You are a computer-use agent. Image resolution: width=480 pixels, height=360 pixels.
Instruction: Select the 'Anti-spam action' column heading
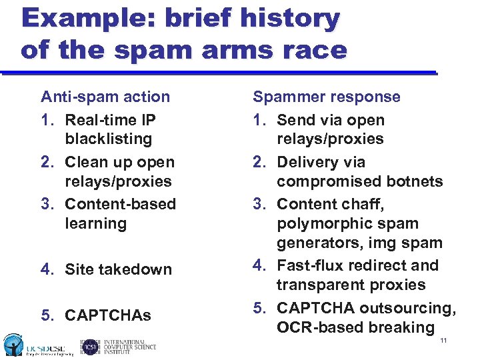click(x=105, y=97)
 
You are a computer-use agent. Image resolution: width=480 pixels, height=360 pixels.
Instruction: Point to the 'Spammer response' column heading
click(x=327, y=97)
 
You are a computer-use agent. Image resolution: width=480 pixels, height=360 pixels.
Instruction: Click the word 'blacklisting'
click(x=108, y=139)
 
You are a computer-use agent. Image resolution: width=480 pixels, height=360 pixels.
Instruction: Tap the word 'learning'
click(x=95, y=223)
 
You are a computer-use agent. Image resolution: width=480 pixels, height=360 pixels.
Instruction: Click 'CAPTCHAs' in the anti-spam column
click(x=108, y=315)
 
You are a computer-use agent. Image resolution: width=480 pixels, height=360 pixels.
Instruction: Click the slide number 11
click(x=443, y=341)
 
